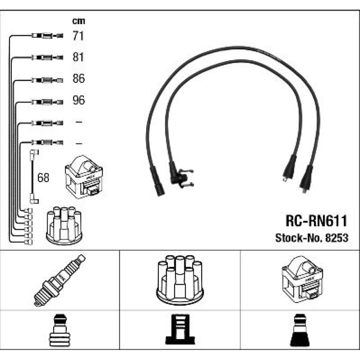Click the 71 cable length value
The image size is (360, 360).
click(78, 36)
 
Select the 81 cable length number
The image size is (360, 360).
click(78, 57)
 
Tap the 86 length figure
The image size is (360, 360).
click(78, 78)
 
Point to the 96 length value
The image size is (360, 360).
click(78, 100)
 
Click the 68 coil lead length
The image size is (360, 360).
click(43, 177)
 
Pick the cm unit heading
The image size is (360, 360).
click(78, 21)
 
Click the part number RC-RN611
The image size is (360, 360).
click(316, 221)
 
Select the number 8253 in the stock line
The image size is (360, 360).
click(337, 238)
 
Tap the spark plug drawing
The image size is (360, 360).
click(60, 280)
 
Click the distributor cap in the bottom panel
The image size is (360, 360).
click(180, 279)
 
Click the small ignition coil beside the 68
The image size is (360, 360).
click(84, 177)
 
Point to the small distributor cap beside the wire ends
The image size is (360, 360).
click(64, 225)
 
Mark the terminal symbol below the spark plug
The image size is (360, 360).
click(59, 330)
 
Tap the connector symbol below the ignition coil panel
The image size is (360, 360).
click(300, 330)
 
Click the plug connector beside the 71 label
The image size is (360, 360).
click(47, 36)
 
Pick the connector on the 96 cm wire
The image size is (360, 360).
click(47, 102)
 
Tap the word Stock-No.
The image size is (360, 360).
click(299, 238)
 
